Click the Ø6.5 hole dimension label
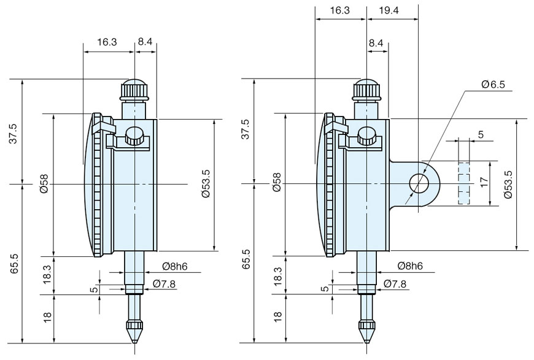coord(493,85)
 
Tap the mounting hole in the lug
coord(419,183)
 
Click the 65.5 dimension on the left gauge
coord(13,260)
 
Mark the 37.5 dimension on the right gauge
coord(245,129)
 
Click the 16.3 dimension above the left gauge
coord(107,42)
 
